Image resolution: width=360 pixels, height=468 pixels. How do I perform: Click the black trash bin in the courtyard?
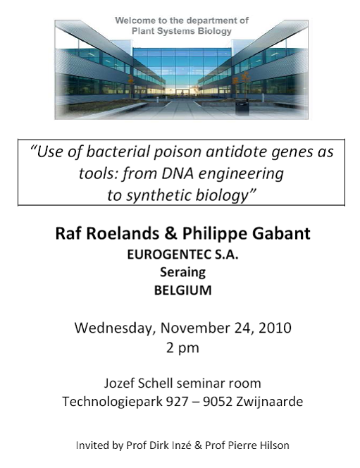[242, 107]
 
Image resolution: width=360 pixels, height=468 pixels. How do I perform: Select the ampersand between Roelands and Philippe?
[170, 233]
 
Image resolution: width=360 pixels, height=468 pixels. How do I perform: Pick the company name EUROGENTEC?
[169, 254]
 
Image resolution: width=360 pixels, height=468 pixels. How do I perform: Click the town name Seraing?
[183, 273]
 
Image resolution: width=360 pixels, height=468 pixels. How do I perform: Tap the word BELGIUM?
[183, 290]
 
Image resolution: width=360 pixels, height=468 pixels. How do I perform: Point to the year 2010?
[275, 328]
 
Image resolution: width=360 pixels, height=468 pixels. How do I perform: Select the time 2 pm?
[182, 348]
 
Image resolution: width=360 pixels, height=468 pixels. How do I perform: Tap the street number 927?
[177, 402]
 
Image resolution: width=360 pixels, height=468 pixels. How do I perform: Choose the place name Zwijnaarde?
[269, 402]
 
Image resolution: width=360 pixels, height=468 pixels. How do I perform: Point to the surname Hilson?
[274, 445]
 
